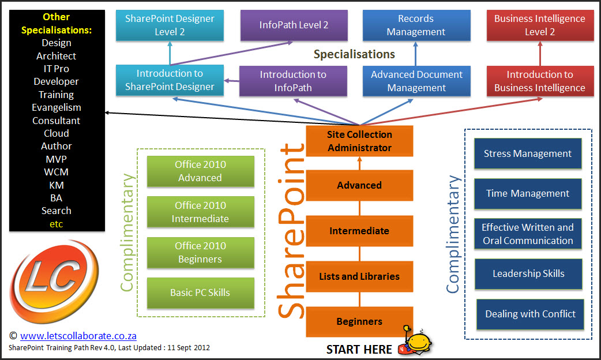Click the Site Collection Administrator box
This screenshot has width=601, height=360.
[x=359, y=141]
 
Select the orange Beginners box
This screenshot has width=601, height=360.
[x=359, y=321]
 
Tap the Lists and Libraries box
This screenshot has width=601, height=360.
[x=359, y=276]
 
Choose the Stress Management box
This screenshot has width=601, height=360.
[x=528, y=153]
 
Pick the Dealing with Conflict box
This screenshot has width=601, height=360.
[x=530, y=314]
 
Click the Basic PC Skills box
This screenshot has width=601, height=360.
[x=200, y=292]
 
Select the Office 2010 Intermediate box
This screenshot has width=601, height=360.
[x=200, y=212]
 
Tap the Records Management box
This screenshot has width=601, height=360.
[x=416, y=25]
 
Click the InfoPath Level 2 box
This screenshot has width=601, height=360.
[x=294, y=25]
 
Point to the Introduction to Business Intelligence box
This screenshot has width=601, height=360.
[x=540, y=81]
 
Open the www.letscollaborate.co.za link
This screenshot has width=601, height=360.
[x=78, y=336]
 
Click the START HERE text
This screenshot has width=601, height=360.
[x=359, y=349]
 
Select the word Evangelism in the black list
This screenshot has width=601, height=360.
[x=57, y=107]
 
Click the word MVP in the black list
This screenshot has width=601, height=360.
[x=57, y=159]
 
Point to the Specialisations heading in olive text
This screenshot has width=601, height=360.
[x=354, y=54]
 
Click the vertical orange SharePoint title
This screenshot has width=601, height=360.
[x=291, y=231]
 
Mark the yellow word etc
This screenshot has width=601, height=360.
[x=57, y=224]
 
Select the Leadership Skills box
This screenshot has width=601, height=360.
[x=528, y=274]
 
